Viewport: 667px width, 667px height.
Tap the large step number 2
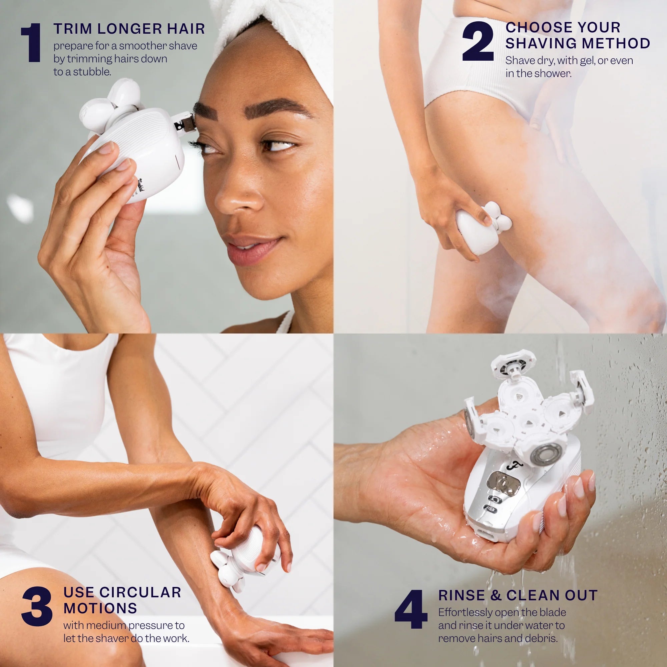coord(478,41)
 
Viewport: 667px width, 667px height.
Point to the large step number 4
coord(411,609)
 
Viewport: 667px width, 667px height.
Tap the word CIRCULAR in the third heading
coord(140,592)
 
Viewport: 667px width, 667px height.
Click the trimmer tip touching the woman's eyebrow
coord(185,122)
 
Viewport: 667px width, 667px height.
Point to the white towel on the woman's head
coord(276,41)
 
